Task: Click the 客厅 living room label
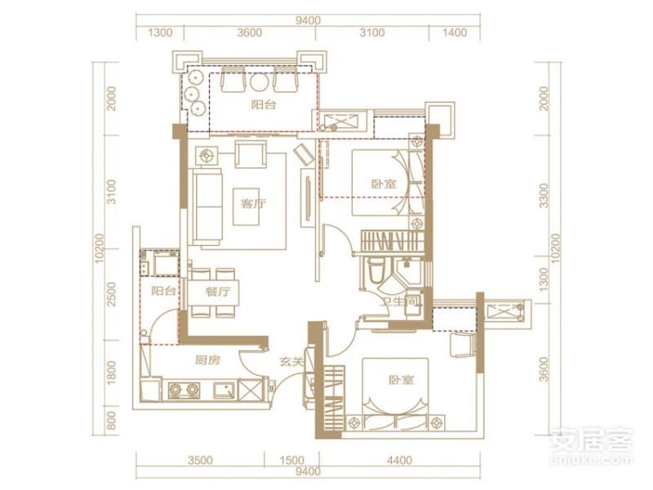point(254,203)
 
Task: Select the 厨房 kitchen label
point(207,360)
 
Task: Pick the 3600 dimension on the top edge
point(250,33)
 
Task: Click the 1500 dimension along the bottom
point(292,461)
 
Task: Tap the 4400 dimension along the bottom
point(399,461)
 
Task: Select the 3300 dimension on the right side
point(543,195)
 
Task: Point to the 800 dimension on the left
point(111,421)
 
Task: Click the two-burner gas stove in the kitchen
point(183,390)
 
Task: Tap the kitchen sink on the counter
point(224,390)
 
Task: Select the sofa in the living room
point(207,207)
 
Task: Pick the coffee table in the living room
point(249,207)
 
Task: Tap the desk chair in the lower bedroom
point(463,345)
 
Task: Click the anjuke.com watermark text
point(590,460)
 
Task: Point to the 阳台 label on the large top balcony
point(264,105)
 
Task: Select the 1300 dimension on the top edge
point(160,33)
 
